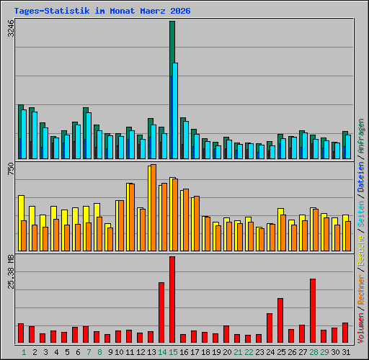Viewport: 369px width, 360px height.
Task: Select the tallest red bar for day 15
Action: coord(172,299)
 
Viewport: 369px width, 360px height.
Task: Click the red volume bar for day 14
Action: coord(161,312)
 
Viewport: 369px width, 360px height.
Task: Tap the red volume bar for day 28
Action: coord(313,310)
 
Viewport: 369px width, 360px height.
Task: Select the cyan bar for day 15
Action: coord(175,110)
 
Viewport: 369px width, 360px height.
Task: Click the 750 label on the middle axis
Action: coord(10,170)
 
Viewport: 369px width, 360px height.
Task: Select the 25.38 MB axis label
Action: coord(10,271)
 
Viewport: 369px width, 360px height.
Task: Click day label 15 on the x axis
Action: coord(172,352)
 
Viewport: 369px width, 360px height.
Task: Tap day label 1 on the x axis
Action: coord(24,352)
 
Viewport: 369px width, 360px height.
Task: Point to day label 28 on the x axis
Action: coord(313,352)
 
